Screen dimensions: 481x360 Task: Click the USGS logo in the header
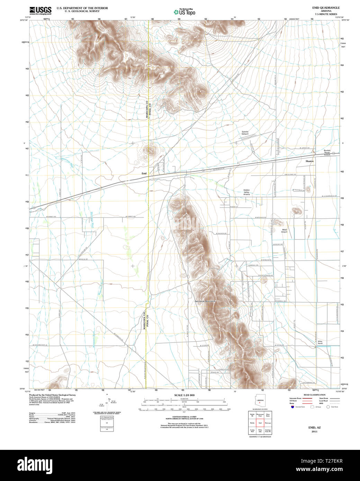(40, 10)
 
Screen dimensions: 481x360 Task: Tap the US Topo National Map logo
(184, 12)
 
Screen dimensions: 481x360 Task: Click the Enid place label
(144, 173)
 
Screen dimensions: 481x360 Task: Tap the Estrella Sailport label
(245, 133)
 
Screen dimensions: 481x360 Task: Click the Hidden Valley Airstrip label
(246, 192)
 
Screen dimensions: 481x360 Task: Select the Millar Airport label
(284, 231)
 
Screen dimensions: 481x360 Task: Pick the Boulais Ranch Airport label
(327, 153)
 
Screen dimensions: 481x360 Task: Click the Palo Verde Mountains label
(205, 301)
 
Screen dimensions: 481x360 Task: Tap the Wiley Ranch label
(320, 342)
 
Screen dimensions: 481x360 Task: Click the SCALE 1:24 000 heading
(184, 395)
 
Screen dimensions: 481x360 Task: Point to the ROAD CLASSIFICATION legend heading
(314, 395)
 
